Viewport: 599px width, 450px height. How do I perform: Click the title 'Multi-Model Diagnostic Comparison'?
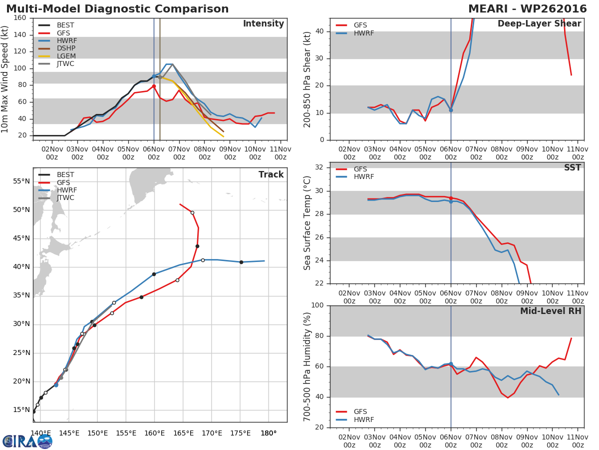[x=117, y=9]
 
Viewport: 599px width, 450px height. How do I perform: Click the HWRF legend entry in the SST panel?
[x=363, y=177]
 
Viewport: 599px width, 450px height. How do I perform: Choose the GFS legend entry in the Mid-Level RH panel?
[x=363, y=411]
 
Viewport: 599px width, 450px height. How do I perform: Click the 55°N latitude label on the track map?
[x=21, y=181]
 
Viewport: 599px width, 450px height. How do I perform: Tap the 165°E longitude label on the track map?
[x=183, y=433]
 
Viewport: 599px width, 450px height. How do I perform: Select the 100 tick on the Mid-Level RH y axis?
[x=317, y=305]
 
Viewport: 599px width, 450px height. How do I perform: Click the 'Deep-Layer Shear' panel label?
[x=539, y=24]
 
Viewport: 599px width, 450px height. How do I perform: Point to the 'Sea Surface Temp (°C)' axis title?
[x=307, y=223]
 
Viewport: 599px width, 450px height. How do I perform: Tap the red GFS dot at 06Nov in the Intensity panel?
[x=154, y=86]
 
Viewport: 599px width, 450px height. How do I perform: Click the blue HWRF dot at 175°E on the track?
[x=241, y=262]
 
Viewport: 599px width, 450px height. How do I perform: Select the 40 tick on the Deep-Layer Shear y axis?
[x=319, y=31]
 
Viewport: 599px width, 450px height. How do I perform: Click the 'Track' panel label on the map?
[x=271, y=174]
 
